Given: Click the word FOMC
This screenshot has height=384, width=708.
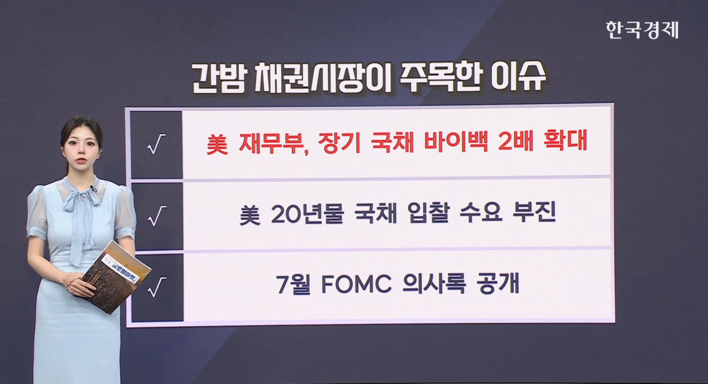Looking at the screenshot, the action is click(356, 285).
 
